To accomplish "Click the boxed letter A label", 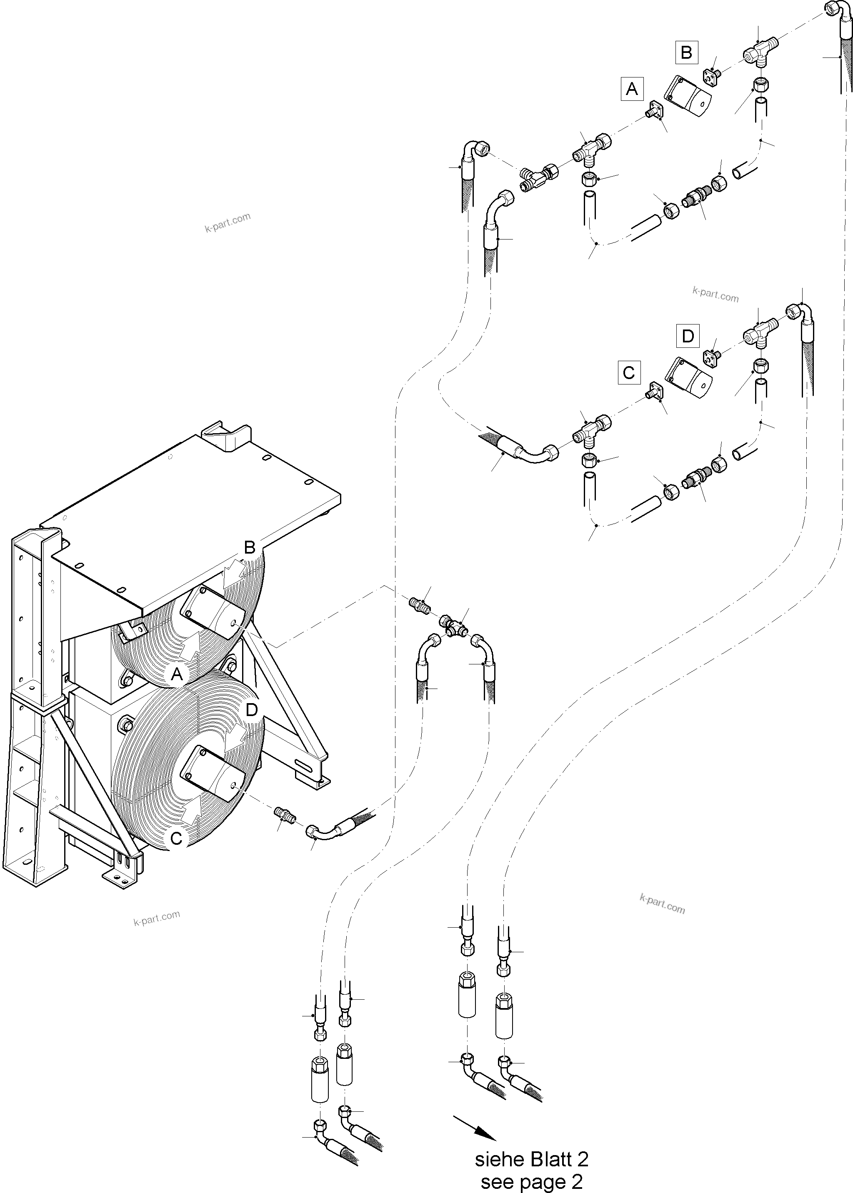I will (632, 89).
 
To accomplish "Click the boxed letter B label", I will (686, 52).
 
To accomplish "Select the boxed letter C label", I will (629, 372).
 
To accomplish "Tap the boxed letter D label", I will (688, 336).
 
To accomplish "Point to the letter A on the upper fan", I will (177, 674).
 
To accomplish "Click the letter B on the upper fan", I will (250, 548).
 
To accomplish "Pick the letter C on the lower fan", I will (177, 838).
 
